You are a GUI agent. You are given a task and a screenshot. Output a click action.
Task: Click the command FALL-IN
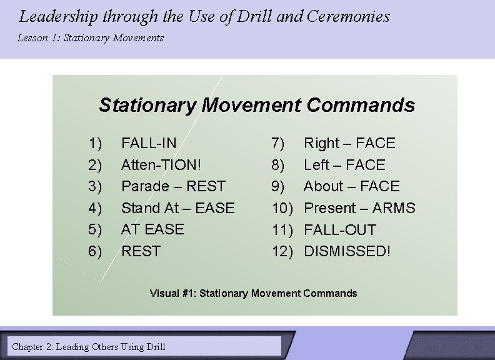pos(149,143)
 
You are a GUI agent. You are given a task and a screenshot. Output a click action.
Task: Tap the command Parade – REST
pos(173,186)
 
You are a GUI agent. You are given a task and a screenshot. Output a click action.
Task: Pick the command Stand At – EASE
pos(178,207)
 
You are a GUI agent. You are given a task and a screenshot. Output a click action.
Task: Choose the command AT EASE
pos(152,229)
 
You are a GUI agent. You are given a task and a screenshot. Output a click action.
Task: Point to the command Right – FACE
pos(349,143)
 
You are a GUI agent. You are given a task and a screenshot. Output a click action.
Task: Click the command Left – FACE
pos(344,165)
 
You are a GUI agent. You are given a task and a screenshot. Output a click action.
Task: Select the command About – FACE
pos(351,186)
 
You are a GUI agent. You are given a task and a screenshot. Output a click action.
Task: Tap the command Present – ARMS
pos(359,207)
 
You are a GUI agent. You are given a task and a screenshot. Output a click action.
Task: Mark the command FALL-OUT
pos(340,229)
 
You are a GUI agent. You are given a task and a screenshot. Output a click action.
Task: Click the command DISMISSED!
pos(347,251)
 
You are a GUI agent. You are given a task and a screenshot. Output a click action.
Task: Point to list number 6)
pos(95,251)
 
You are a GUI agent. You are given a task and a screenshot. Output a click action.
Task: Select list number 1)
pos(95,143)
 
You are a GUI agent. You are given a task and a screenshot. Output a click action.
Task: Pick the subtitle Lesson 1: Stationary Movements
pos(91,38)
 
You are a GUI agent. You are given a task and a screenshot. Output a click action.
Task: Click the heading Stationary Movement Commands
pos(256,105)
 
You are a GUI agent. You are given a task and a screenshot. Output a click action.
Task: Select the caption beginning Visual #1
pos(253,293)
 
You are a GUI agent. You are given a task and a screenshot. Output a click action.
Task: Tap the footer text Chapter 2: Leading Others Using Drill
pos(89,346)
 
